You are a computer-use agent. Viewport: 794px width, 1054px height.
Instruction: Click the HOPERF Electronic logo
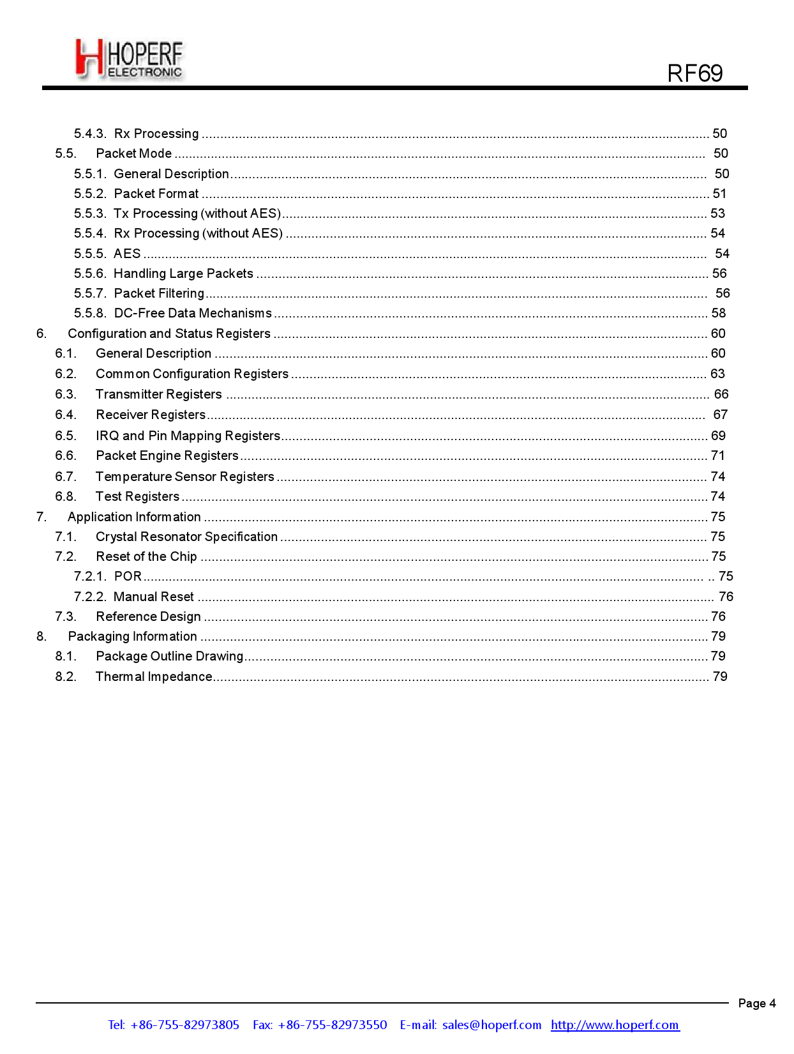click(x=130, y=59)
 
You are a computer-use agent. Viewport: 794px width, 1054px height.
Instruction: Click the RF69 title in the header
click(x=694, y=73)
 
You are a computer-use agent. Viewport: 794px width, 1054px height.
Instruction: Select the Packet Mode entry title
click(x=134, y=153)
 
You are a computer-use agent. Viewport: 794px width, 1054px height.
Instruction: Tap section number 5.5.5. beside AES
click(x=90, y=254)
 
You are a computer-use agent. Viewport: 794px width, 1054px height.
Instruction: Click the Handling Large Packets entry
click(x=183, y=273)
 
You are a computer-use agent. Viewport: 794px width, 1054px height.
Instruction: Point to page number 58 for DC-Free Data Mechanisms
click(x=719, y=313)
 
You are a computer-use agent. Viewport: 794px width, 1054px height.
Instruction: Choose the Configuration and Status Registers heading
click(x=169, y=333)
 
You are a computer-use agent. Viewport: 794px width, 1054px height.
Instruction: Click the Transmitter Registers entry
click(x=159, y=394)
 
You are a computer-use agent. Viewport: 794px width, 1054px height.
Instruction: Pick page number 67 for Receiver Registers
click(x=720, y=415)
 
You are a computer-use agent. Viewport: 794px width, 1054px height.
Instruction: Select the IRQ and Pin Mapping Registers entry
click(x=188, y=436)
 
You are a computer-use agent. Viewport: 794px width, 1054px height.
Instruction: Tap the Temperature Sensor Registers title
click(x=185, y=477)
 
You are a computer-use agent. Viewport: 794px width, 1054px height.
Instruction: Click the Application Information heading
click(x=135, y=517)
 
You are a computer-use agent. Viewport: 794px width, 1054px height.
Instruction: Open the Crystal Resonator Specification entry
click(x=187, y=537)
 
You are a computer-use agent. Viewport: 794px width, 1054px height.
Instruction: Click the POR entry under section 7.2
click(x=128, y=576)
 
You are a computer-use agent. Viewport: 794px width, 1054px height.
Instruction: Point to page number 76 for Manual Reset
click(x=726, y=597)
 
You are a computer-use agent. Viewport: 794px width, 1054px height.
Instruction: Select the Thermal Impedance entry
click(x=154, y=676)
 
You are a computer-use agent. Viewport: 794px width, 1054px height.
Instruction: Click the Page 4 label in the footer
click(x=756, y=1003)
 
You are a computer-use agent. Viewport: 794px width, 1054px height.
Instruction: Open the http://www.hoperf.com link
click(x=615, y=1025)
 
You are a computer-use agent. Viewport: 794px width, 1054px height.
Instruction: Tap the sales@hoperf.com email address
click(x=491, y=1025)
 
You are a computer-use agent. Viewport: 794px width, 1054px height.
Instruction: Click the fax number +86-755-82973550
click(x=332, y=1025)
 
